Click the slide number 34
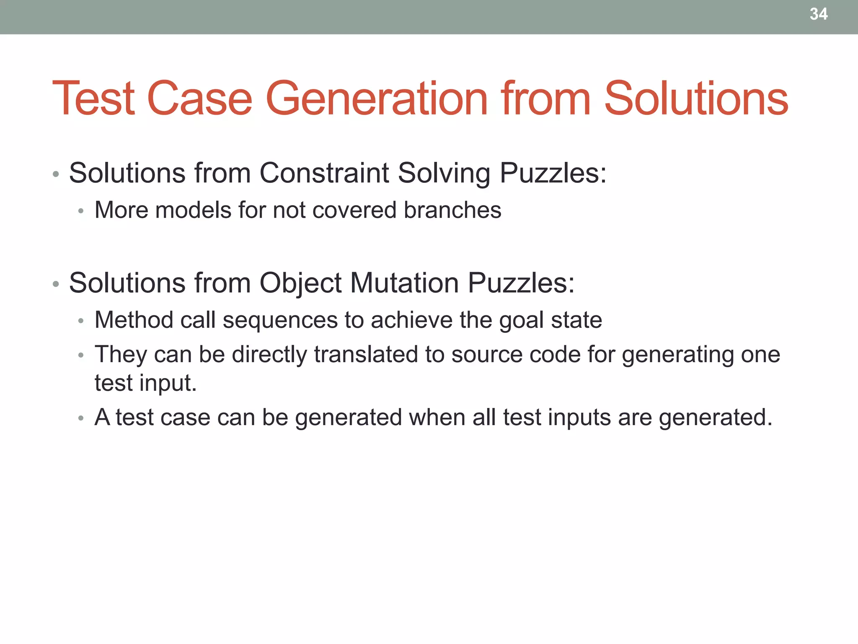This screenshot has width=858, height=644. (x=818, y=14)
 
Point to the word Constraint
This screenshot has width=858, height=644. (x=324, y=173)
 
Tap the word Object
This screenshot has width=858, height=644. (x=300, y=283)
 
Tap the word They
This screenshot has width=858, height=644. (x=121, y=355)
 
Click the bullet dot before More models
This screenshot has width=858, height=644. (x=81, y=211)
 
